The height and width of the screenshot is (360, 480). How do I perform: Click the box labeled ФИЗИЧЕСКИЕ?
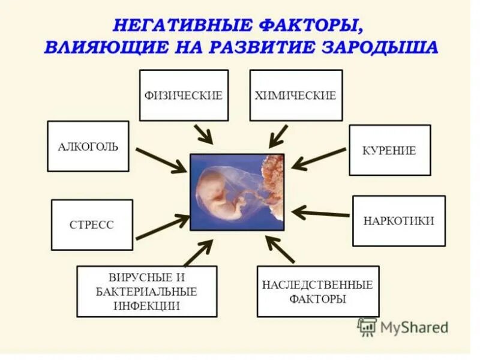tap(184, 95)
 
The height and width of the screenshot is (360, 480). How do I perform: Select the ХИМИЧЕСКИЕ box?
tap(296, 95)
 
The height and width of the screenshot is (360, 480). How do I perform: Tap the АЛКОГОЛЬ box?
tap(88, 146)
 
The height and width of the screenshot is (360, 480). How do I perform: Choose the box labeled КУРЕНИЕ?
tap(389, 151)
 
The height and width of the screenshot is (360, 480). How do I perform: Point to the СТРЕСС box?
tap(92, 225)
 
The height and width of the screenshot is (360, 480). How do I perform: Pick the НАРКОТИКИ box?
tap(398, 221)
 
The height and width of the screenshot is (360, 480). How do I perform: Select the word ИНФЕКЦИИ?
tap(146, 305)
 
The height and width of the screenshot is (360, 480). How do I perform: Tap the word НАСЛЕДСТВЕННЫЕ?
tap(317, 284)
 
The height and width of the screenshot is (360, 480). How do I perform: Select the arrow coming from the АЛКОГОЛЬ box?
tap(161, 160)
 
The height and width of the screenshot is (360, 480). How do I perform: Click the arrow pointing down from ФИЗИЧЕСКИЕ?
tap(203, 134)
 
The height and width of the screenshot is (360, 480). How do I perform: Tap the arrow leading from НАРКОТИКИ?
tap(320, 213)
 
